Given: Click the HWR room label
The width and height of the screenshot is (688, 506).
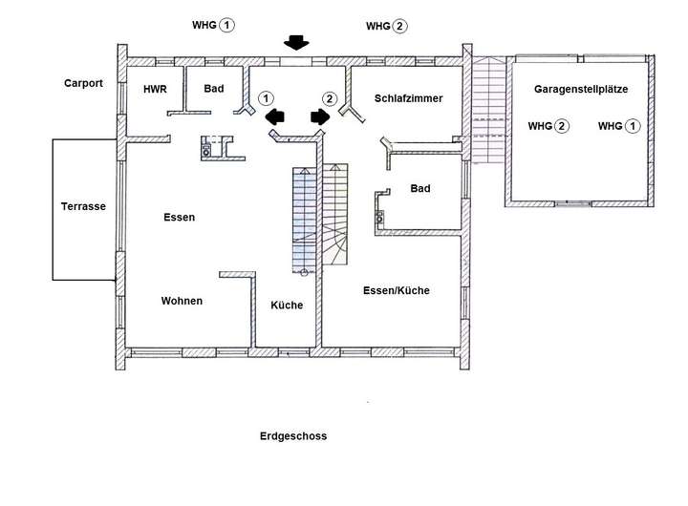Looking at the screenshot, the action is pos(155,89).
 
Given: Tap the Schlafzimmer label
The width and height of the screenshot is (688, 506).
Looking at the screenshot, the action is pos(409,98).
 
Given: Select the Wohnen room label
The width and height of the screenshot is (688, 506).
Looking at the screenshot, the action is pos(182,301).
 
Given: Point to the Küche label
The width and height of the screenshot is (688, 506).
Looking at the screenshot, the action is pos(287,305).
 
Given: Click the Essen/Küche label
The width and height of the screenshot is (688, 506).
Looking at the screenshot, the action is pos(397,290).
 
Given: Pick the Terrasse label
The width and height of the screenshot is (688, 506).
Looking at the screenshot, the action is pos(83,206).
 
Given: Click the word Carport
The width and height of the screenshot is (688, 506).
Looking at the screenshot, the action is pos(83,83).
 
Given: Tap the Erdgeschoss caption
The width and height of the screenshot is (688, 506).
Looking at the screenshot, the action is pos(293,436).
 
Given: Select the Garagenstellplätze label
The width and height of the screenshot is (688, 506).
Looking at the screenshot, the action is pos(581,89).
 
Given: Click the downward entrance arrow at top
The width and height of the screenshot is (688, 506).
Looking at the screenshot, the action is pos(296,42).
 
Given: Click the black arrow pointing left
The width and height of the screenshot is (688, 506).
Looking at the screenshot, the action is pos(275,117).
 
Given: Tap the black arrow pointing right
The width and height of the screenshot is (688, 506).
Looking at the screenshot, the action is pos(320,116).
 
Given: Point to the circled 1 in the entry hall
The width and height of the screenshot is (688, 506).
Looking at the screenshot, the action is pos(266,98).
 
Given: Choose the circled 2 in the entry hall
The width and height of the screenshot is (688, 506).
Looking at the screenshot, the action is pos(330,98).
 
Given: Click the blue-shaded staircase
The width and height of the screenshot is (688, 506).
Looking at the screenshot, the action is pos(304,221).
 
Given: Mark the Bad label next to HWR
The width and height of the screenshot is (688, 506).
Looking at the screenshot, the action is pos(214,89).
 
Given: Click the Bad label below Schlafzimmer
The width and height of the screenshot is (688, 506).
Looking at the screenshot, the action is pos(420,188).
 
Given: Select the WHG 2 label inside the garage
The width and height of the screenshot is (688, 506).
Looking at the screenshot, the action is pos(548,126).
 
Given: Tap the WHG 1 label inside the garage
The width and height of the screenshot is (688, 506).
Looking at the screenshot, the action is pos(619,126).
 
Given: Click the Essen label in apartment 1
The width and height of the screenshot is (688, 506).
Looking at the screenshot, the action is pos(179,217).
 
